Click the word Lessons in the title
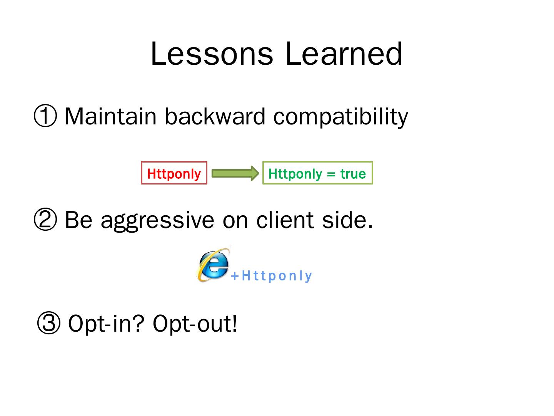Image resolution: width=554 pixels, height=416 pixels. pos(212,54)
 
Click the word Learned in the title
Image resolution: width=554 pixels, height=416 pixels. pos(344,54)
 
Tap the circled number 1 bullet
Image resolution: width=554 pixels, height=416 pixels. pos(45,116)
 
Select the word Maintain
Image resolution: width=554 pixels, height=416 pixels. pos(110,116)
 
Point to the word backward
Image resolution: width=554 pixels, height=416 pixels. pos(215,116)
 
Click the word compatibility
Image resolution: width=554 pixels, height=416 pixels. pos(340,117)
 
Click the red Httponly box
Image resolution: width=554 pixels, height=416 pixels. pos(174,173)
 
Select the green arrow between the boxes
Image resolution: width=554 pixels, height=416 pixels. pos(235,173)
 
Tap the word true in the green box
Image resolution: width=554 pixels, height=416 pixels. pos(353,174)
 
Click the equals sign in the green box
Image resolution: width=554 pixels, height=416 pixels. pos(331,174)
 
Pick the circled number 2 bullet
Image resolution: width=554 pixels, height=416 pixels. pos(45,219)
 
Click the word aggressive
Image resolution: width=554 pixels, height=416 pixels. pos(157,221)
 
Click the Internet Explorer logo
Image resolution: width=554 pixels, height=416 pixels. pos(213,264)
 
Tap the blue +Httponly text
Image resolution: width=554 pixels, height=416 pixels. pos(271,276)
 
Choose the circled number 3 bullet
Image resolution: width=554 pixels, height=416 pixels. pos(49,323)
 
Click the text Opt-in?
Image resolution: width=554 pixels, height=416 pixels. pos(106,324)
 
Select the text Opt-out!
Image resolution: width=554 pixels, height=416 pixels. pos(195,324)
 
